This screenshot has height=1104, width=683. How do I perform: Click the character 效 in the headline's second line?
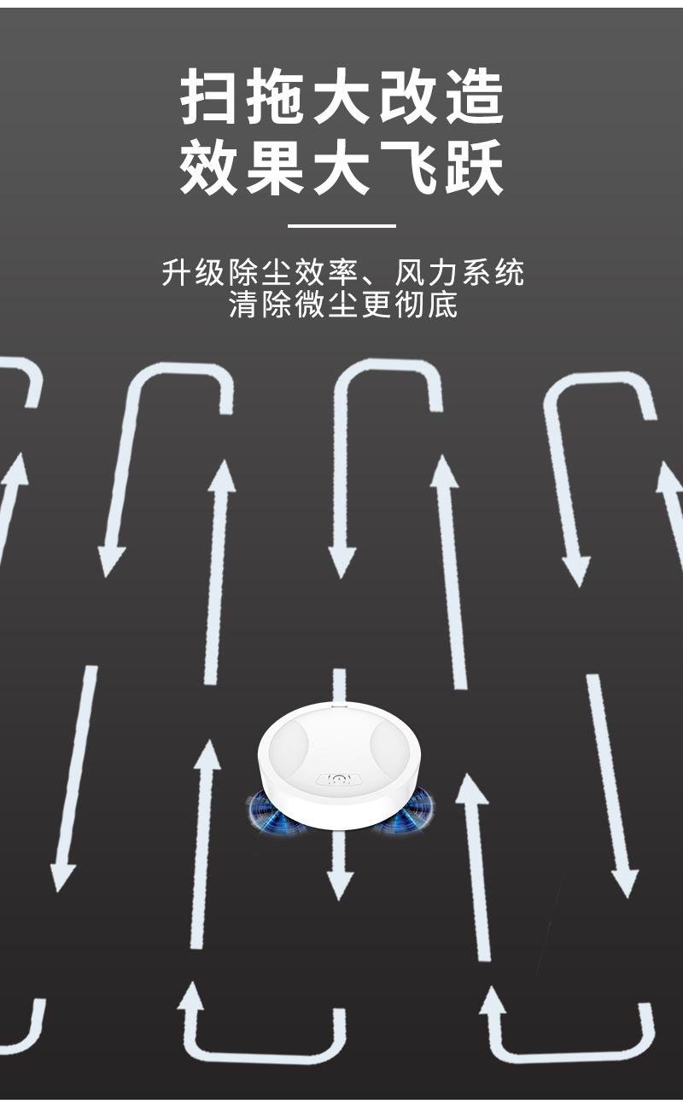[x=208, y=168]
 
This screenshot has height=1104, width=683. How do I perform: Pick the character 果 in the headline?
[x=274, y=168]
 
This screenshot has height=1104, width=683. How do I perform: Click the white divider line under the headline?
[x=341, y=226]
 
